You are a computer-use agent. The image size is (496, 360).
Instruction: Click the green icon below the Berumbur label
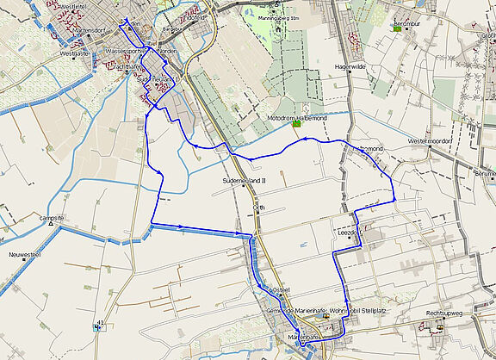(397, 28)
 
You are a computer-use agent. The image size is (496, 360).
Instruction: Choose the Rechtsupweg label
(444, 313)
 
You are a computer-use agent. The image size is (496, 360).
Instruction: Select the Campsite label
(52, 219)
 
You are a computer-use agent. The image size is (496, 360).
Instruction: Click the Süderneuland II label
(245, 182)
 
